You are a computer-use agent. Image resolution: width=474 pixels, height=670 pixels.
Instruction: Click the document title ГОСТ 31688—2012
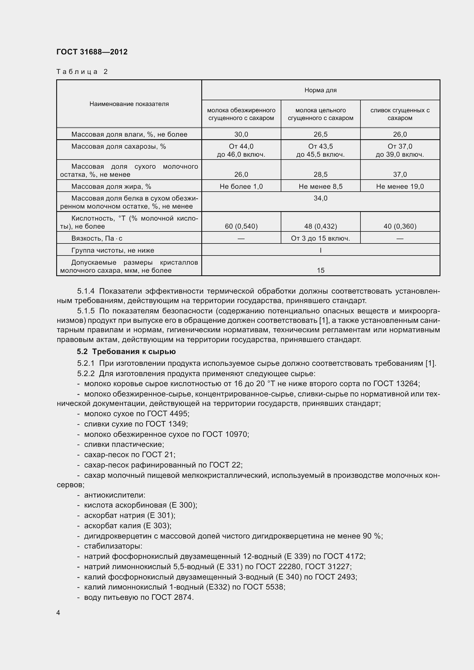click(x=92, y=52)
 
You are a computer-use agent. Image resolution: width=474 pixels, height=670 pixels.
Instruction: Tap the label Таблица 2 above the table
click(x=82, y=72)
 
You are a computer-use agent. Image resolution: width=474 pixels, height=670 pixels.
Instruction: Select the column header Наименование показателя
click(x=129, y=104)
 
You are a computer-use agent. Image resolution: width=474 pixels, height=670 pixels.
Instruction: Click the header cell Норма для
click(x=320, y=90)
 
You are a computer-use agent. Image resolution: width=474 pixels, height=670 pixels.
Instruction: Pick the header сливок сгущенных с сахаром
click(x=400, y=114)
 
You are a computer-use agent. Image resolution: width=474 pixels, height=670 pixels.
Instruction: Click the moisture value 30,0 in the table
click(x=241, y=134)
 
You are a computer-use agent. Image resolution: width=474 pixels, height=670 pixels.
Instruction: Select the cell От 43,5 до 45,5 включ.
click(x=320, y=150)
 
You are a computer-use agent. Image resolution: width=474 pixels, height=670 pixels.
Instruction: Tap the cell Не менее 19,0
click(x=400, y=186)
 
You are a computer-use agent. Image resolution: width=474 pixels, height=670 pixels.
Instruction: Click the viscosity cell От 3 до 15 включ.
click(x=320, y=238)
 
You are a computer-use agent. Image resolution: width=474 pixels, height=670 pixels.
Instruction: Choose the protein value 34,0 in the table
click(x=320, y=199)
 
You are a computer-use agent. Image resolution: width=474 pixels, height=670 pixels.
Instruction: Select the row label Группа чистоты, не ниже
click(x=113, y=250)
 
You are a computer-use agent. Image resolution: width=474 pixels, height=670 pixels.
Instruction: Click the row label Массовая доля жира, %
click(x=111, y=186)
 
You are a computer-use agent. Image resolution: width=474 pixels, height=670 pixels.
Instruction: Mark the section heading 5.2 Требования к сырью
click(x=126, y=352)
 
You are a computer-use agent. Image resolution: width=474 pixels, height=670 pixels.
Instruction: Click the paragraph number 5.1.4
click(x=86, y=291)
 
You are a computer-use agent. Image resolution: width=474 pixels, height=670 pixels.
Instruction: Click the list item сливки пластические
click(x=124, y=445)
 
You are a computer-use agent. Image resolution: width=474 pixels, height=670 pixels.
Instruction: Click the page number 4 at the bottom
click(x=58, y=612)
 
